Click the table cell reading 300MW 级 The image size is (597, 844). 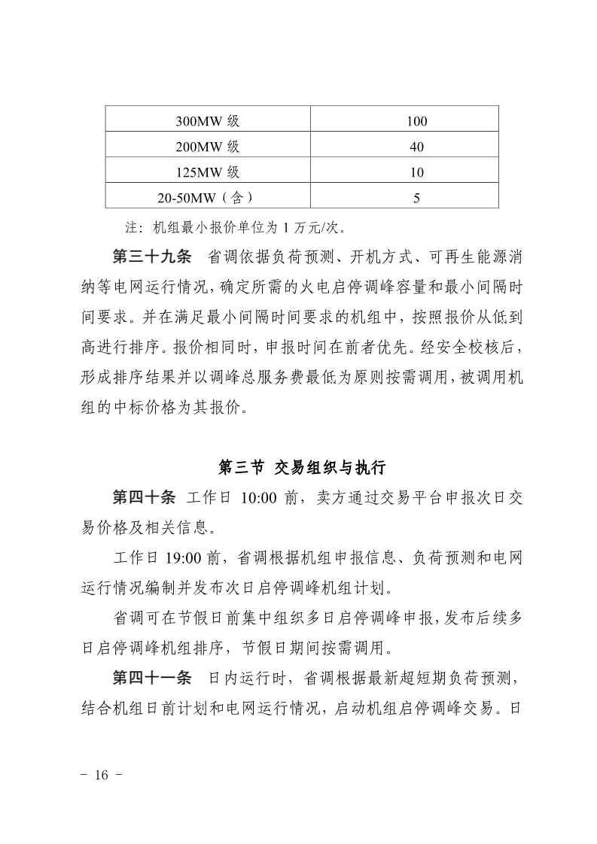coord(207,121)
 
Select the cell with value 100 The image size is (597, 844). coord(416,121)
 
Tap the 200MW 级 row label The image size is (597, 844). coord(207,147)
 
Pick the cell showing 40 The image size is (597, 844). coord(416,147)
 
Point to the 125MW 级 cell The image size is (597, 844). coord(207,172)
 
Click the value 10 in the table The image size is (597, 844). coord(416,172)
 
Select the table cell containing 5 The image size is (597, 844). coord(416,198)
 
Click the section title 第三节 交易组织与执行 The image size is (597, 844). coord(301,468)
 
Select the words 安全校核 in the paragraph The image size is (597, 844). coord(460,347)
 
